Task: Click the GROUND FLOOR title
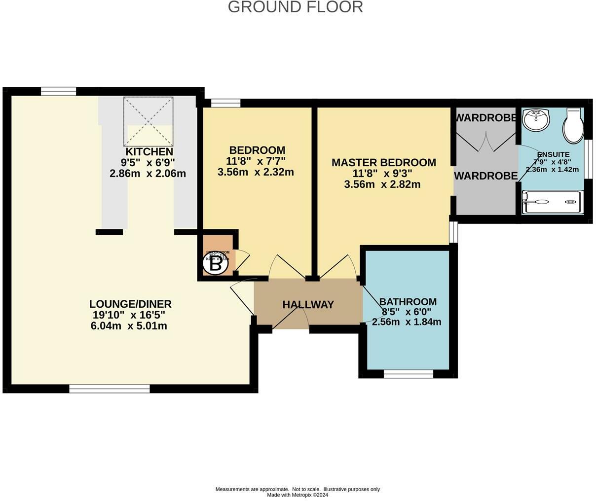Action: pos(295,7)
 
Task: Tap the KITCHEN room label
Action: pos(149,152)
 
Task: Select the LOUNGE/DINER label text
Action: pos(130,304)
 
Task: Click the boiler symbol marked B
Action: pos(216,265)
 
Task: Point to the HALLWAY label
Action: pos(308,305)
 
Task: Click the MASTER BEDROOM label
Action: pos(383,162)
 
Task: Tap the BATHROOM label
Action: pos(408,302)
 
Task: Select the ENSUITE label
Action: pos(553,154)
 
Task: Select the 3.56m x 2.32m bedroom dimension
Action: pos(256,172)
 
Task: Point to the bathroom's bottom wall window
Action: pos(408,374)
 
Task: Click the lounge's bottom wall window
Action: pos(109,389)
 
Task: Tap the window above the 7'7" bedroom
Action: pos(225,103)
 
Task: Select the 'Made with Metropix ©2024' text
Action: pos(298,495)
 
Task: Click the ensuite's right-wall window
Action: pos(589,157)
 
